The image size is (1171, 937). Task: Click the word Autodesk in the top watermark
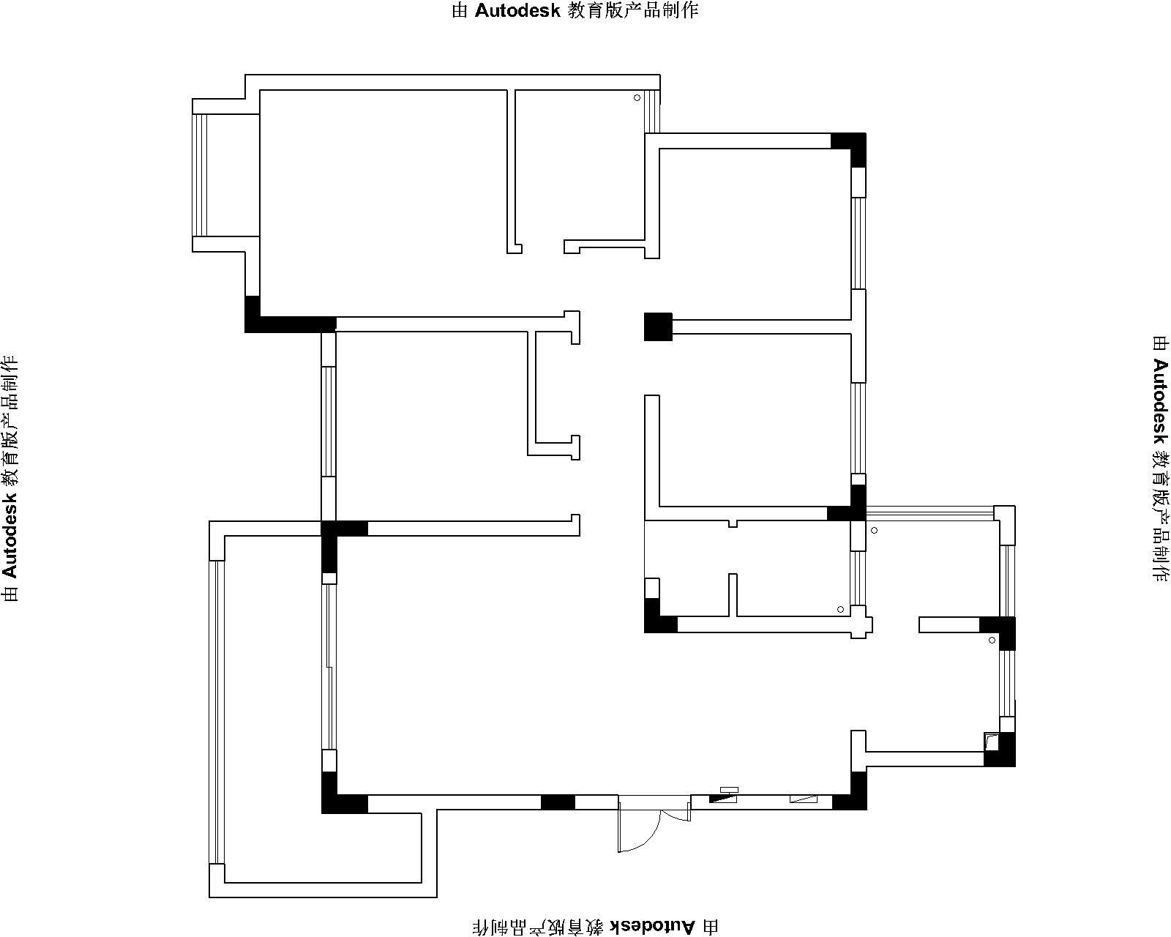[x=517, y=10]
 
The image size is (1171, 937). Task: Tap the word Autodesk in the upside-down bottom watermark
[x=652, y=926]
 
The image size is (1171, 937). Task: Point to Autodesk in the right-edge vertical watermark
[x=1160, y=402]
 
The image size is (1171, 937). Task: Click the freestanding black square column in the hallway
[x=658, y=326]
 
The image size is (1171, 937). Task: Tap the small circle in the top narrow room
[x=637, y=98]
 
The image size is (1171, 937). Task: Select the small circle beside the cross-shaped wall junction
[x=840, y=609]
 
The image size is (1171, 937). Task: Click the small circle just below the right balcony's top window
[x=874, y=530]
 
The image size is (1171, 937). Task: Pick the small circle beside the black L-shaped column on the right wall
[x=992, y=641]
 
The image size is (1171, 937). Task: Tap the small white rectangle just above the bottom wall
[x=729, y=789]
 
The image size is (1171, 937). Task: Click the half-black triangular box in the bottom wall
[x=722, y=799]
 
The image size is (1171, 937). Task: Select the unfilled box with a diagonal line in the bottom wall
[x=804, y=799]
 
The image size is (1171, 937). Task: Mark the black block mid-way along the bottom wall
[x=558, y=802]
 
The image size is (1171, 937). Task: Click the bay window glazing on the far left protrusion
[x=200, y=175]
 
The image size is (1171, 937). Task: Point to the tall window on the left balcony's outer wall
[x=217, y=712]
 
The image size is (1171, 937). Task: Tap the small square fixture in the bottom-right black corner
[x=992, y=742]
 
